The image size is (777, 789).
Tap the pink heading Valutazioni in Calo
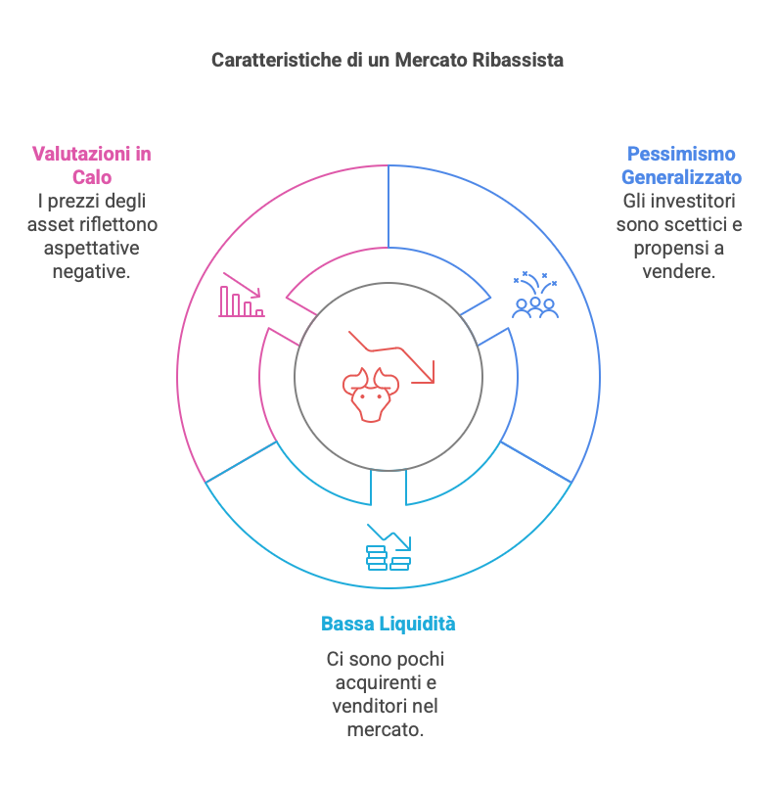[92, 165]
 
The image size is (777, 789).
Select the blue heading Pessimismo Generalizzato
[681, 165]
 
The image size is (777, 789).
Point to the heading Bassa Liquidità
[388, 624]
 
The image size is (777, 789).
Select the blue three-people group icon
[535, 296]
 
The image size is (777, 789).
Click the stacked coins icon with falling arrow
[388, 549]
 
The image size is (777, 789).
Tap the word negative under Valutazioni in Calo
[91, 271]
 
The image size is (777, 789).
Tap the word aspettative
[91, 248]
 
